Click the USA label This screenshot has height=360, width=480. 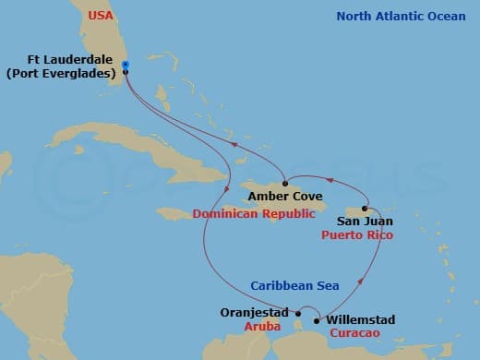(x=102, y=17)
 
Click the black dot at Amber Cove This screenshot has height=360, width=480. (x=284, y=182)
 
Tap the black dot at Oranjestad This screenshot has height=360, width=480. (x=298, y=313)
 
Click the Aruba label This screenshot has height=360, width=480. (x=263, y=328)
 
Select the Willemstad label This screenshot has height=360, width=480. (x=361, y=319)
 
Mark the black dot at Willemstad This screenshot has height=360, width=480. (x=318, y=321)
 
